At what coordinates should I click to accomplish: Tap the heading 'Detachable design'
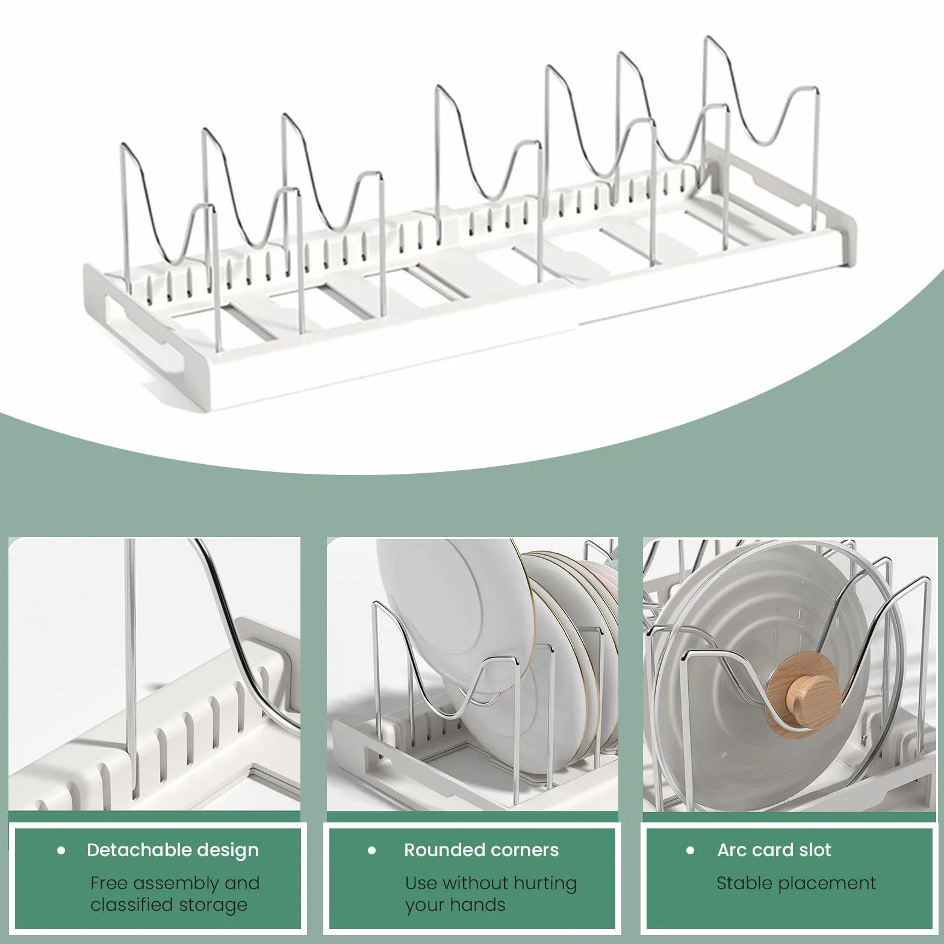173,850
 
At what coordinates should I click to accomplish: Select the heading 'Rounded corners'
482,850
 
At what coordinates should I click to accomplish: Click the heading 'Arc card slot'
774,850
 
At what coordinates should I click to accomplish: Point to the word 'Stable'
744,883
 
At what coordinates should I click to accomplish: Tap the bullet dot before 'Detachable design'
61,851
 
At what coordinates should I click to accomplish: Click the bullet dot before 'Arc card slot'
691,851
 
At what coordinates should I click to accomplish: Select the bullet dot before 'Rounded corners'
372,851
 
